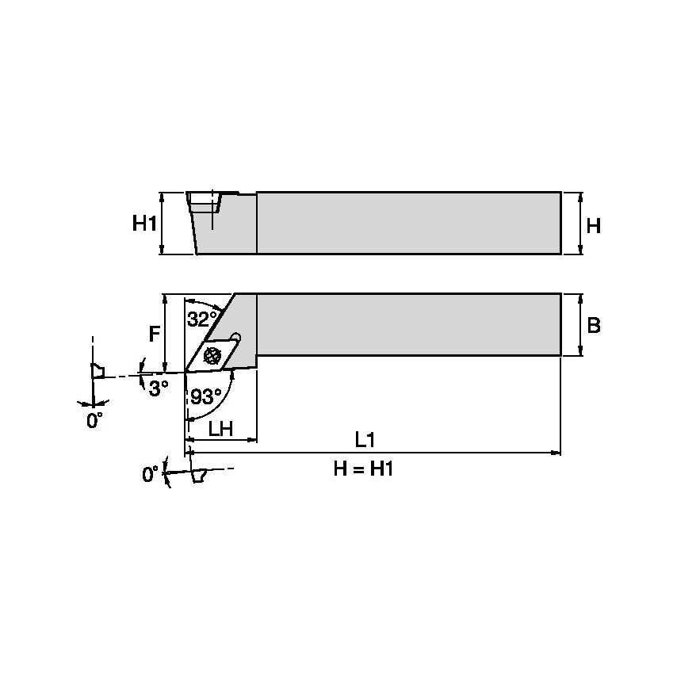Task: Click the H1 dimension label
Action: (143, 224)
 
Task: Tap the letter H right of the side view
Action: (593, 226)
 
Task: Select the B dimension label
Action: (594, 325)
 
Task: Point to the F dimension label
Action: (155, 335)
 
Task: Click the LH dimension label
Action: (220, 428)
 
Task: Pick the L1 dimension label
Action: (365, 439)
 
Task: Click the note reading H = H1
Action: (364, 469)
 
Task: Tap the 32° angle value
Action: (201, 319)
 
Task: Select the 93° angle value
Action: (206, 397)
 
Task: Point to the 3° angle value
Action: (159, 388)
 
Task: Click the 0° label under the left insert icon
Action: (95, 421)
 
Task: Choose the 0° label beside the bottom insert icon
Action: (151, 474)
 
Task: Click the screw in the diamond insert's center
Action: (212, 356)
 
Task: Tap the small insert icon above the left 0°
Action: (98, 370)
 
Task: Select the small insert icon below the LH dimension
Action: (199, 476)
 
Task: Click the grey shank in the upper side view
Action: (408, 223)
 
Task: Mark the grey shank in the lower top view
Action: (408, 324)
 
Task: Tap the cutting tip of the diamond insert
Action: (187, 370)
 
